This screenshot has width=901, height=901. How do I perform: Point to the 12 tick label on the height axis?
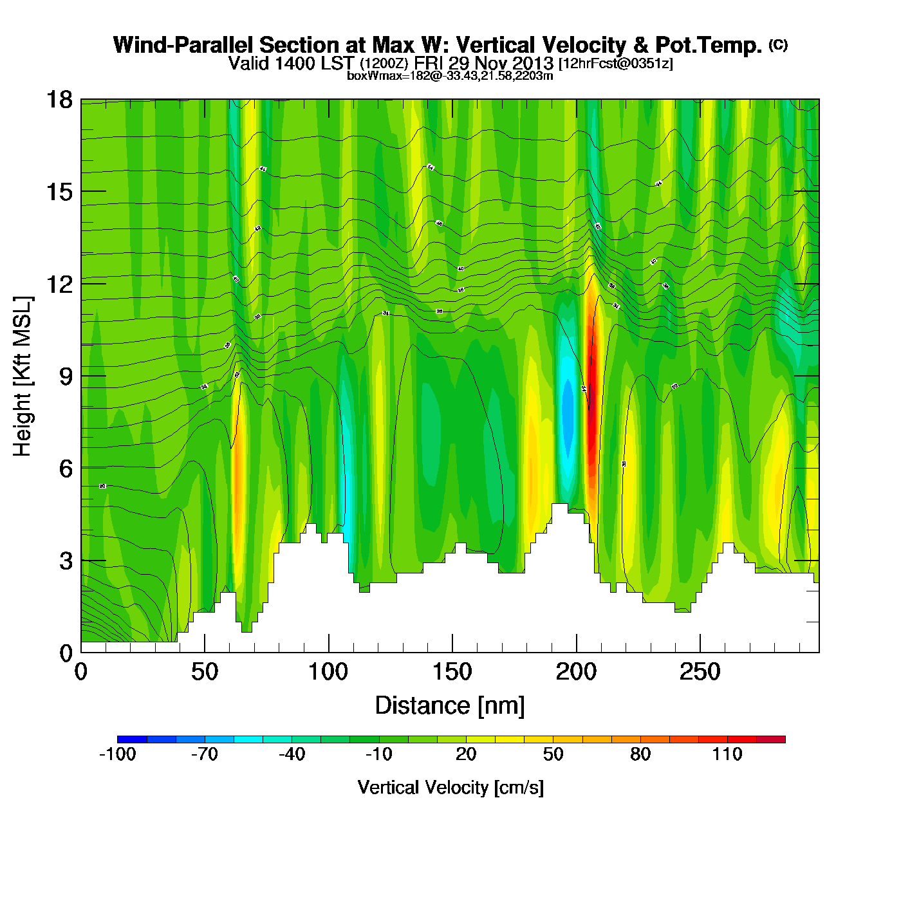click(59, 284)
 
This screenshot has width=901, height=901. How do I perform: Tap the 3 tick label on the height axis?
click(66, 561)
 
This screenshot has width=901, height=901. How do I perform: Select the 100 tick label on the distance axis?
click(328, 673)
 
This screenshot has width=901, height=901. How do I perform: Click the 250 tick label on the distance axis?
click(700, 673)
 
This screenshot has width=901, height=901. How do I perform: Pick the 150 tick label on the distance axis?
click(452, 673)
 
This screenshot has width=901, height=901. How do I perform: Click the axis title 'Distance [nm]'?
click(450, 706)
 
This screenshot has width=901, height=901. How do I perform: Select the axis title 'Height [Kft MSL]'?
click(23, 376)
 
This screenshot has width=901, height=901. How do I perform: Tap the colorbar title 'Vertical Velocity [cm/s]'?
click(450, 787)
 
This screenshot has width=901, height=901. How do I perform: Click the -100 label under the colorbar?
click(118, 754)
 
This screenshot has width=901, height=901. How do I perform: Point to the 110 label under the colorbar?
click(727, 754)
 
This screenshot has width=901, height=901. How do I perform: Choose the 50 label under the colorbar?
click(553, 754)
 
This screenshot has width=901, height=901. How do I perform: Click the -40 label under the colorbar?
click(292, 754)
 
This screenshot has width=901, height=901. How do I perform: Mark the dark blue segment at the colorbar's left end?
click(132, 739)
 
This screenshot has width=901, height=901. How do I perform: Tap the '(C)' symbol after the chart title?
click(778, 44)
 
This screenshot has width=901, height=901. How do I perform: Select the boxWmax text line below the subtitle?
click(450, 76)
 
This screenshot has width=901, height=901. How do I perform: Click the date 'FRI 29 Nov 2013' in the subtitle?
click(483, 63)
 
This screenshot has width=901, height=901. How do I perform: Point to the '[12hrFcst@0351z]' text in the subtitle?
click(615, 64)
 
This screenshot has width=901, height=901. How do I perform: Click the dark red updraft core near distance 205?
click(591, 399)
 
